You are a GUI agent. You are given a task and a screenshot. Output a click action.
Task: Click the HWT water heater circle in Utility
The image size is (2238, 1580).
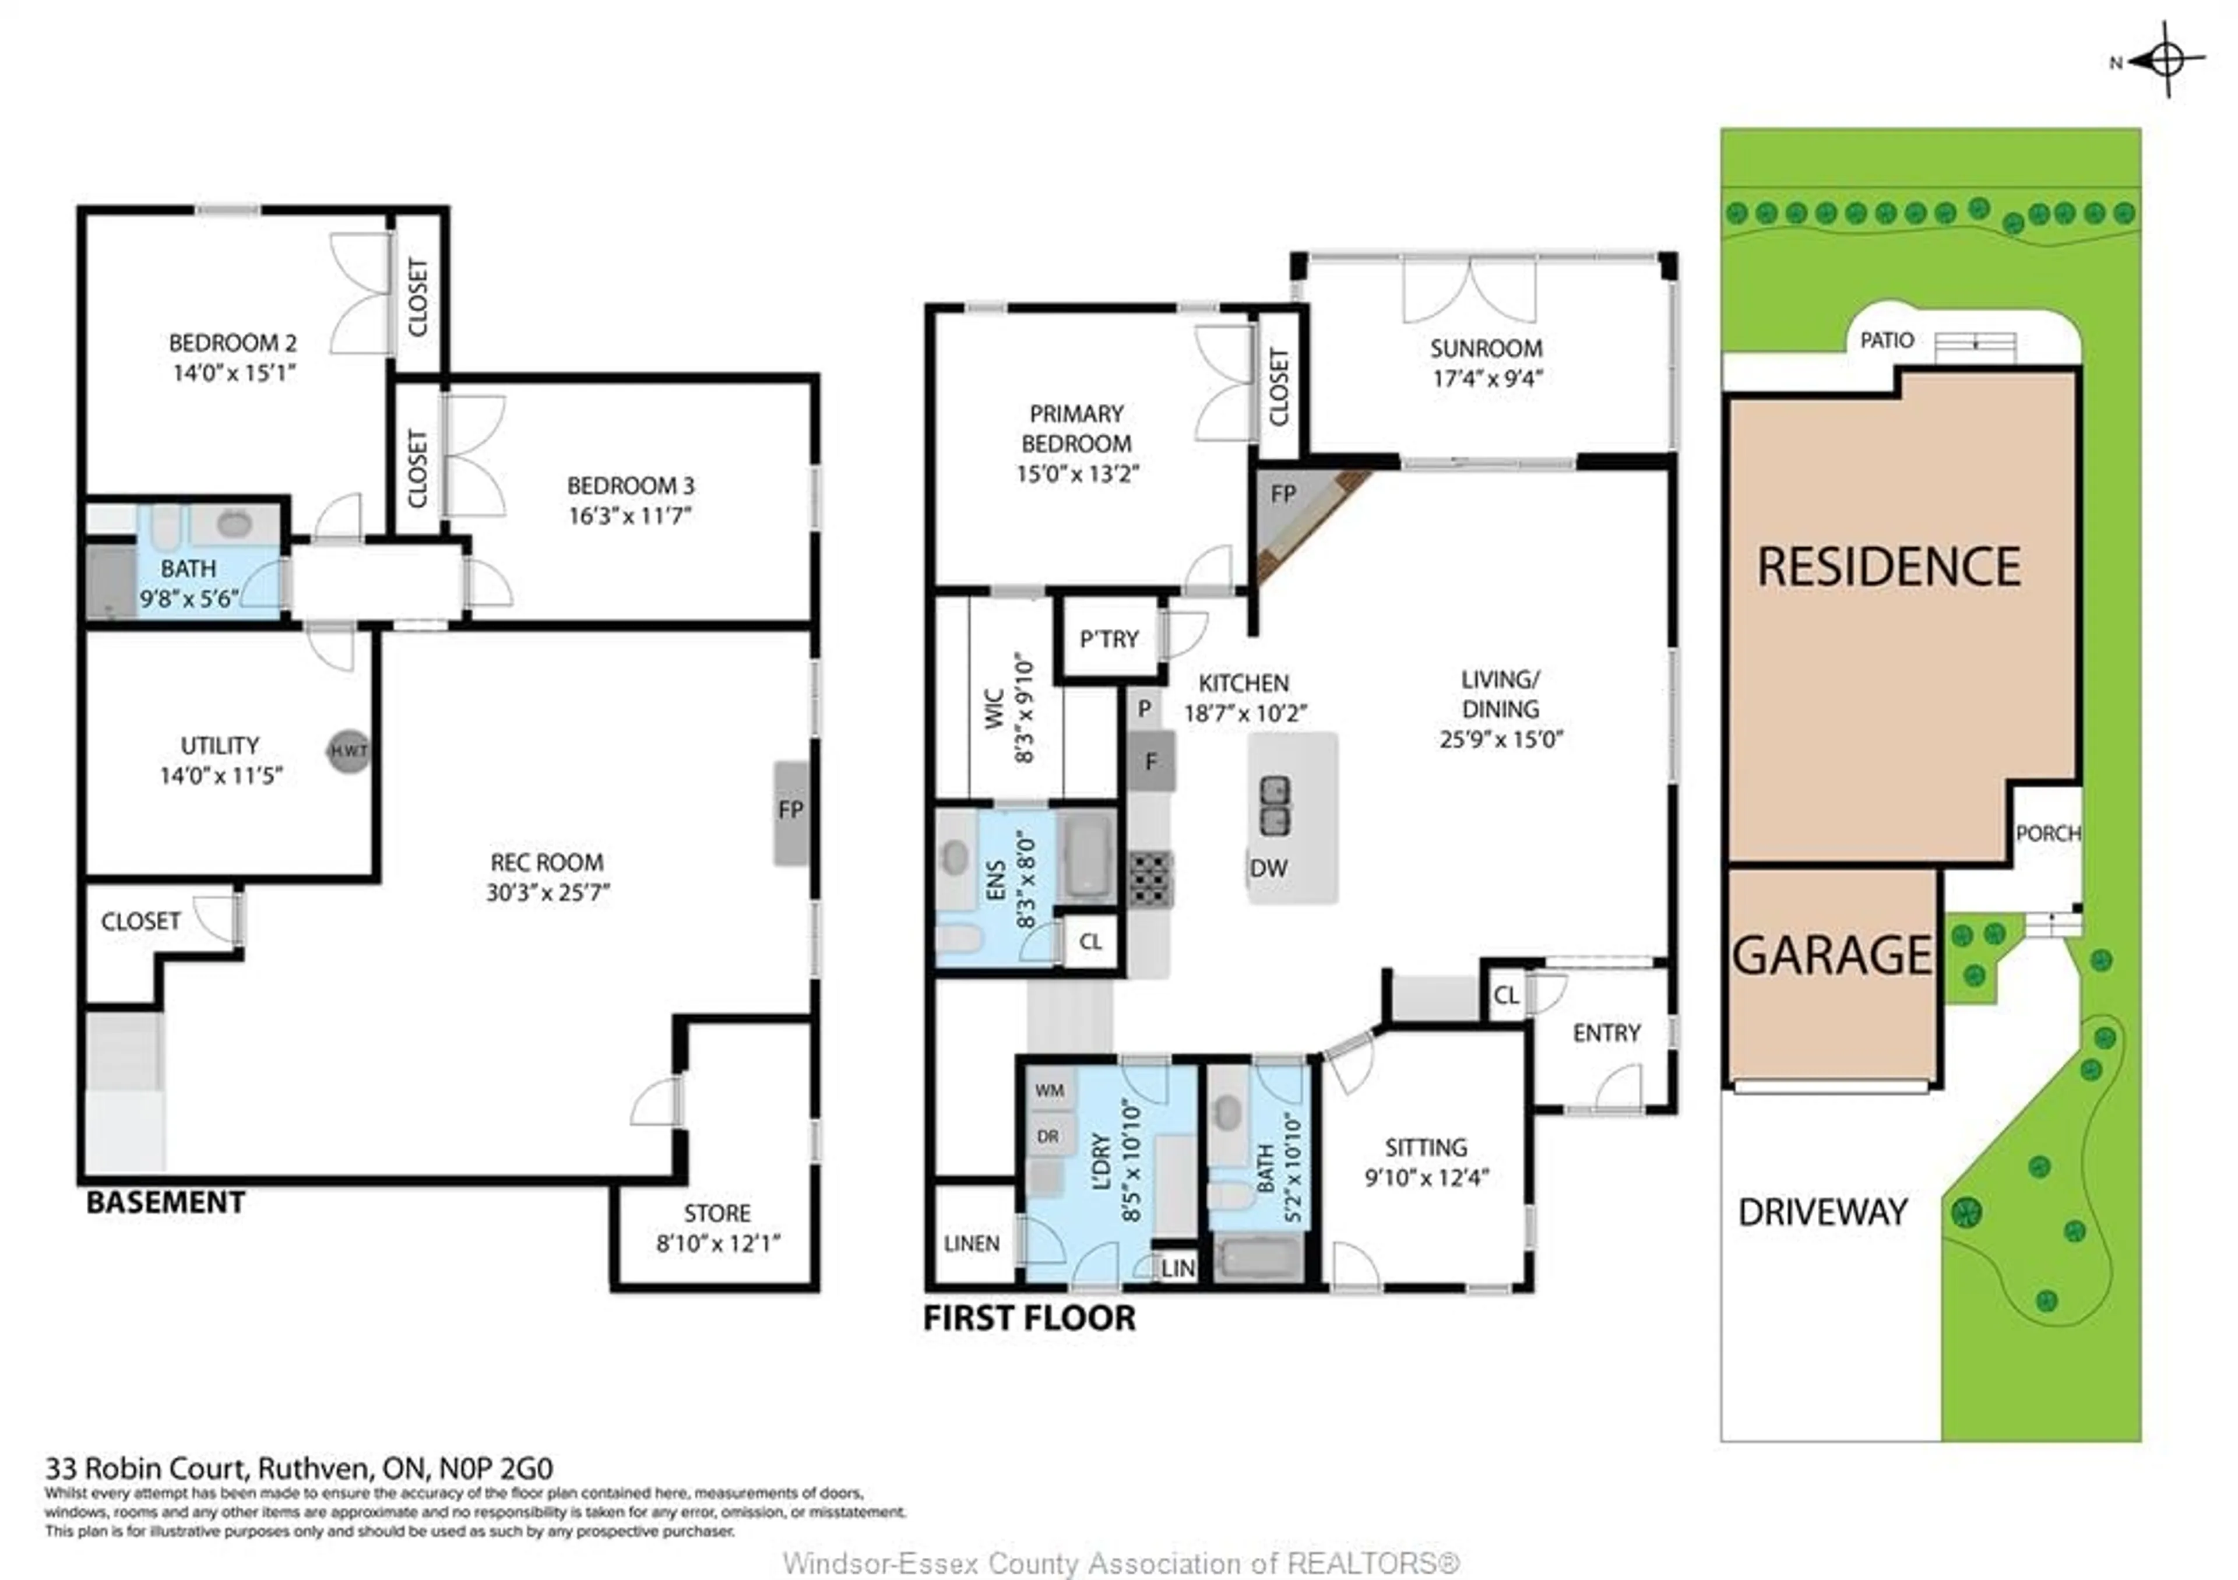[348, 751]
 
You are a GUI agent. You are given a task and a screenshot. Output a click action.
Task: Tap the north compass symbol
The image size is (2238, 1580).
[2166, 61]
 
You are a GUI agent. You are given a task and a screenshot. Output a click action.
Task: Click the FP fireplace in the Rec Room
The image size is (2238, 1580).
[790, 811]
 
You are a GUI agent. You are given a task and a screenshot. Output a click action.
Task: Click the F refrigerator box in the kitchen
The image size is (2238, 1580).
[1151, 761]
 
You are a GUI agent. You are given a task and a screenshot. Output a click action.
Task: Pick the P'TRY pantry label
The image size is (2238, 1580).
[1109, 639]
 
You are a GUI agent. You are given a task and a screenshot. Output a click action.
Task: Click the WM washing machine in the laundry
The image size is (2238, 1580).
[1050, 1090]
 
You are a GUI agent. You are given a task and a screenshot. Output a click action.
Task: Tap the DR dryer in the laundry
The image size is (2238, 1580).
[1048, 1136]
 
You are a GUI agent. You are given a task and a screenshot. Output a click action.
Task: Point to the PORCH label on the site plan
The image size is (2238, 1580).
[2047, 833]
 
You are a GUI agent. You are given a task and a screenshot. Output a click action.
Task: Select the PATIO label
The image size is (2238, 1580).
[1886, 340]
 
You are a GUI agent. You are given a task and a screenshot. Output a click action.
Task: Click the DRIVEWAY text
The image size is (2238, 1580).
[1823, 1212]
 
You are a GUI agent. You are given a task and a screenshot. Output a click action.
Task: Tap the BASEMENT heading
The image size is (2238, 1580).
[166, 1202]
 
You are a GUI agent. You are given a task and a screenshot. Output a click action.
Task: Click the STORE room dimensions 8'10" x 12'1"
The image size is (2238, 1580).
[719, 1244]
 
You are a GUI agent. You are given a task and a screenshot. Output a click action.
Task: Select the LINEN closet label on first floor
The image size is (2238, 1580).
[971, 1244]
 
